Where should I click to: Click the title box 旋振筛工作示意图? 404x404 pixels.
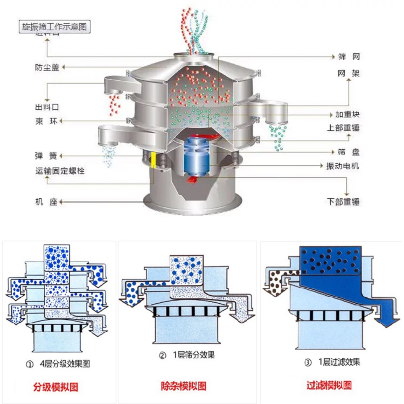tap(54, 25)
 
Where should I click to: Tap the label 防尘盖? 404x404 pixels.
tap(47, 67)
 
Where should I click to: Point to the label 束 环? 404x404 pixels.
tap(46, 121)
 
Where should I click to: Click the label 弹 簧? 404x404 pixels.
tap(46, 156)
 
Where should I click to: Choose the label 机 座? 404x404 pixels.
tap(46, 202)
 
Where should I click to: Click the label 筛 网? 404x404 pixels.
tap(349, 57)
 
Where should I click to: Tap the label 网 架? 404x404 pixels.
tap(349, 73)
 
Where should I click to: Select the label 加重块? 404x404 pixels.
tap(347, 115)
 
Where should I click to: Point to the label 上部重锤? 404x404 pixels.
tap(343, 128)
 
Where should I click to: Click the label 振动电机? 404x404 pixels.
tap(343, 166)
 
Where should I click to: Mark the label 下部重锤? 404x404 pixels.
tap(343, 202)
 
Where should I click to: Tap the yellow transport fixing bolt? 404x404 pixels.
tap(154, 160)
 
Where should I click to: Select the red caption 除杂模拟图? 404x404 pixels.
tap(184, 386)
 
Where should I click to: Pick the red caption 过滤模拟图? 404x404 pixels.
tap(329, 385)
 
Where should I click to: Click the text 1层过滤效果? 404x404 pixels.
tap(335, 362)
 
